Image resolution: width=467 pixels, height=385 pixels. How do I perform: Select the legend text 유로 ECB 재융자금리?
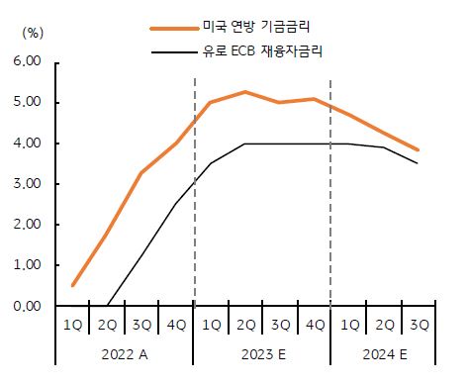pos(268,48)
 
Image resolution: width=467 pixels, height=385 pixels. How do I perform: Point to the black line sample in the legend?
pos(170,49)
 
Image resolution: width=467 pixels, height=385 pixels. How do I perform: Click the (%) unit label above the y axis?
pos(32,32)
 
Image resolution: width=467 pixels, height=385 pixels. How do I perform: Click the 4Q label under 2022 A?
pos(176,325)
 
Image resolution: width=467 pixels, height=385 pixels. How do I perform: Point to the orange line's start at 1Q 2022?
pos(74,285)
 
